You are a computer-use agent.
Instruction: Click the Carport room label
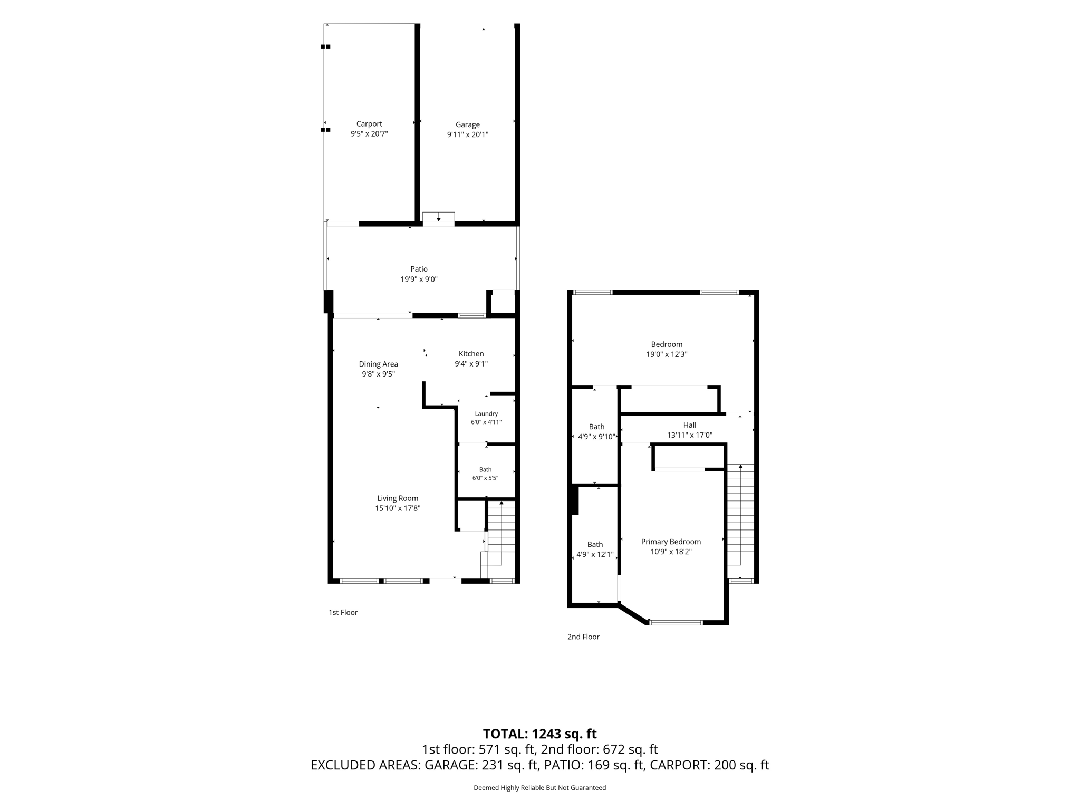[x=369, y=124]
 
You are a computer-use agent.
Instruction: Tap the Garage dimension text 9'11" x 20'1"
[x=468, y=134]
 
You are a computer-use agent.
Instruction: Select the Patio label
[x=419, y=269]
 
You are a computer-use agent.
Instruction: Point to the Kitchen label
[x=471, y=354]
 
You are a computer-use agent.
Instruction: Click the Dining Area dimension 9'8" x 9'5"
[x=378, y=374]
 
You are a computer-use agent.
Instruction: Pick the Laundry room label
[x=486, y=414]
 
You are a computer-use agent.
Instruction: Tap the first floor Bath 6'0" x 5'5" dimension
[x=485, y=478]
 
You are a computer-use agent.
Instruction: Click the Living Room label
[x=398, y=498]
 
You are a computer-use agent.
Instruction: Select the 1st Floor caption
[x=343, y=612]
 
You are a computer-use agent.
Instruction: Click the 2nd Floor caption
[x=583, y=637]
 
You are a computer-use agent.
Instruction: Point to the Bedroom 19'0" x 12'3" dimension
[x=667, y=354]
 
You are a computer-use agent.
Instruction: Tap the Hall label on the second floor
[x=690, y=425]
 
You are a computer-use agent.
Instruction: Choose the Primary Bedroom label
[x=671, y=542]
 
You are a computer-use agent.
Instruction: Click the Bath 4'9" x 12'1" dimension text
[x=595, y=554]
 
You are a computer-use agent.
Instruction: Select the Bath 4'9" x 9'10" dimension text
[x=597, y=437]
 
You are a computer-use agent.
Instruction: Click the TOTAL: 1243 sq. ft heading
[x=540, y=734]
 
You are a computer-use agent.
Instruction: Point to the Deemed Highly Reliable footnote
[x=540, y=788]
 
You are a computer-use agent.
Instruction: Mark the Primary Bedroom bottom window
[x=676, y=623]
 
